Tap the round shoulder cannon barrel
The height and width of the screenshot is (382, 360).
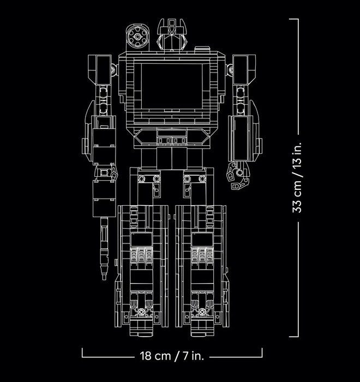(x=137, y=37)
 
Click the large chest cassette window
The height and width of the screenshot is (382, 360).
(x=172, y=86)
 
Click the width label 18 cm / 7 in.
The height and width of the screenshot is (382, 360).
(x=172, y=356)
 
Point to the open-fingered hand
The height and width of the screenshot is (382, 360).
(x=238, y=175)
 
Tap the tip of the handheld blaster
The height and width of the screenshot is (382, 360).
(x=104, y=278)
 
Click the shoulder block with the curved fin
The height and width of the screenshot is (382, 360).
(x=244, y=70)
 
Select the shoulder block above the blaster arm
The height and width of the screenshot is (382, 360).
(x=100, y=70)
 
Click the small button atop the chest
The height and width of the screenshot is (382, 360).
(x=202, y=49)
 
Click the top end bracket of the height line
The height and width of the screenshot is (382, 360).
(x=294, y=19)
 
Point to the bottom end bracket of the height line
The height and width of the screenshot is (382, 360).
(x=294, y=337)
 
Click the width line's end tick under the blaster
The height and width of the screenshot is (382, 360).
(x=82, y=353)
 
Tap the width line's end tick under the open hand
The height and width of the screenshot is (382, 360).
(x=262, y=353)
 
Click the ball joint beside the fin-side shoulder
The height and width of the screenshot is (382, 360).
(x=230, y=70)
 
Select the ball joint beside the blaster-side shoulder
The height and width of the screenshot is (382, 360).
(x=114, y=70)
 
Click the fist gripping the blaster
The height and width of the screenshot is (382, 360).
(x=106, y=173)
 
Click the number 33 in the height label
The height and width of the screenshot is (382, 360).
(x=297, y=207)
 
